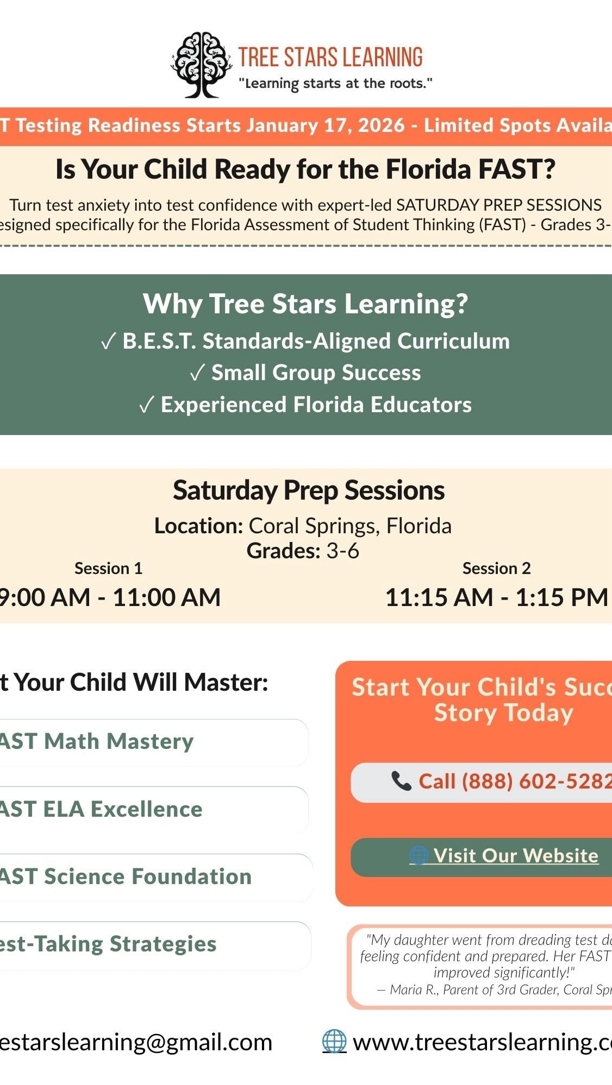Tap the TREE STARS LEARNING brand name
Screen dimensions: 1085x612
[x=330, y=58]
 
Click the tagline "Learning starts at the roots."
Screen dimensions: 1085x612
[x=335, y=84]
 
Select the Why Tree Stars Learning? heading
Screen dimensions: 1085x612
[x=305, y=304]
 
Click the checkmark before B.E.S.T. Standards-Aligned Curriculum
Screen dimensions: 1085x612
[x=108, y=342]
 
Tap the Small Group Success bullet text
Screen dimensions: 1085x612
[x=316, y=373]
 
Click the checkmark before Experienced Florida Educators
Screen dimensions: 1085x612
[x=146, y=405]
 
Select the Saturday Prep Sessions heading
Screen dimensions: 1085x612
[x=309, y=490]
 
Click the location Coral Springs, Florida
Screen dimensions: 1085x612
[x=350, y=526]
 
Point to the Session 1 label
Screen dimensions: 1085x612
[x=108, y=568]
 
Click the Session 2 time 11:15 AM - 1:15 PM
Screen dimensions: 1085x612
[x=496, y=597]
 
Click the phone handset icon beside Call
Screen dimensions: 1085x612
[x=401, y=781]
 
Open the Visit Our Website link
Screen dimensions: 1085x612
[x=515, y=856]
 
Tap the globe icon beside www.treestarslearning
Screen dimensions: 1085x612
[x=334, y=1042]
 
